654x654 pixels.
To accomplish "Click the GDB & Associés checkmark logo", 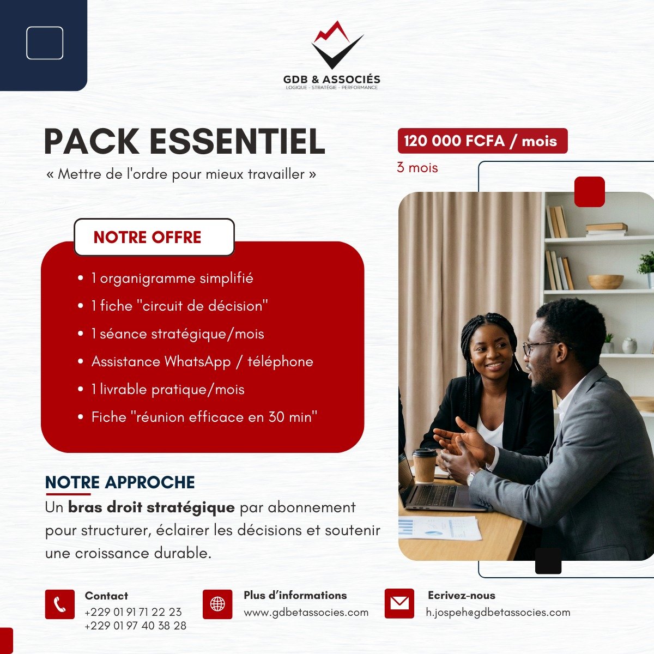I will pos(337,46).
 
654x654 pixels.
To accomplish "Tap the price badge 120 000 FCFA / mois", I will pos(482,141).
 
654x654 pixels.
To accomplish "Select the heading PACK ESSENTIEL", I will pos(184,142).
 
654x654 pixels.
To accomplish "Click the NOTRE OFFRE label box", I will pos(154,237).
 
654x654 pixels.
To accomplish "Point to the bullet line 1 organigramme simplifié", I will pos(172,278).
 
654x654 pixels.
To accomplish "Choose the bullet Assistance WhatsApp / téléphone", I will pos(202,362).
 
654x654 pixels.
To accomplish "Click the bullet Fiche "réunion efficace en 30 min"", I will pos(204,417).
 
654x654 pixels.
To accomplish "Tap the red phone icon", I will pos(59,604).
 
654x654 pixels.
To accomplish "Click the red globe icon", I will pos(217,604).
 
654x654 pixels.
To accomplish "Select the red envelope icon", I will pos(399,603).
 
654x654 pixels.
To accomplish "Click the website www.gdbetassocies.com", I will pos(306,613).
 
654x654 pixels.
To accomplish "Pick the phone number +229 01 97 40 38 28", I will pos(135,626).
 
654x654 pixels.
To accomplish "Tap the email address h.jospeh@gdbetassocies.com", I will pos(498,613).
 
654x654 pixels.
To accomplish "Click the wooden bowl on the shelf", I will pos(605,281).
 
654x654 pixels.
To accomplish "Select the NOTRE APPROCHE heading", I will pos(120,482).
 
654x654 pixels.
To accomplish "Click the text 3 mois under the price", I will pos(417,168).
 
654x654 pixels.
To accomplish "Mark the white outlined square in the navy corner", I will pos(45,43).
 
